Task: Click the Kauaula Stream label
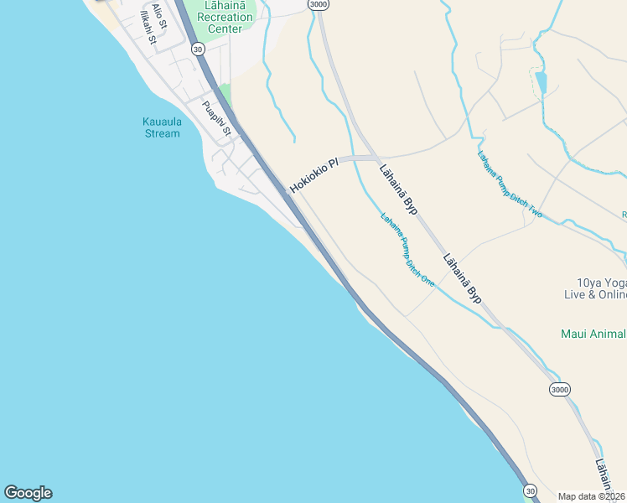(161, 127)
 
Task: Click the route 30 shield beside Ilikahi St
(198, 50)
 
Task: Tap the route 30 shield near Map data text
(530, 490)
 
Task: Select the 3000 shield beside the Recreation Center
(319, 5)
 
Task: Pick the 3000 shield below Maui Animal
(561, 390)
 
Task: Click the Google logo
(28, 493)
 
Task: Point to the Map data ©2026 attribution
(592, 496)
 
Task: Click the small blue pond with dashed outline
(541, 82)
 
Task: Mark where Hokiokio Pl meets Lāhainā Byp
(374, 158)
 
